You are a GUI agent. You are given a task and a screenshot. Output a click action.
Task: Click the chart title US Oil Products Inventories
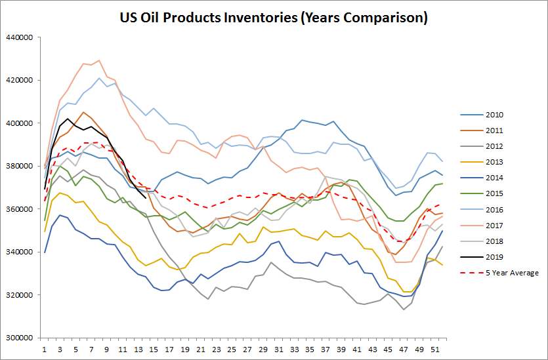point(274,18)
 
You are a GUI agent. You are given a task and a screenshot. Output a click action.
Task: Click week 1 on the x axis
point(45,350)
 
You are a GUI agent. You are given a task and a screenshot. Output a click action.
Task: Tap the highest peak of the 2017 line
point(98,60)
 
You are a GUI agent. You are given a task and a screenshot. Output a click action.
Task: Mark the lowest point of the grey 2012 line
point(403,309)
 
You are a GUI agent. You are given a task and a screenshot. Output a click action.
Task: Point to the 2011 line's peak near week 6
point(83,112)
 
